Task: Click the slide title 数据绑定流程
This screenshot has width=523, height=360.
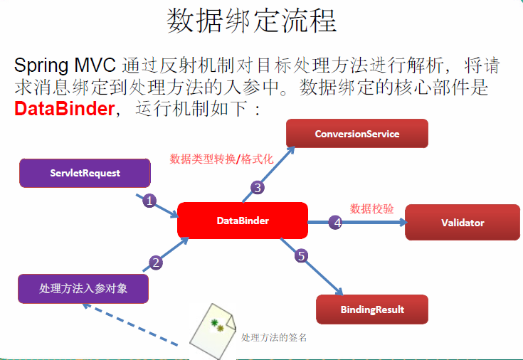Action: (251, 21)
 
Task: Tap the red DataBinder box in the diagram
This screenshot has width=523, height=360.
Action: (243, 221)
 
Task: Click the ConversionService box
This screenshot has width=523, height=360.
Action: (356, 134)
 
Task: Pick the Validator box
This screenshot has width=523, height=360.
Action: (462, 223)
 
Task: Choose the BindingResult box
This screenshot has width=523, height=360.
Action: (371, 309)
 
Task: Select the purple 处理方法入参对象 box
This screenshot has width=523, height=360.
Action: (83, 288)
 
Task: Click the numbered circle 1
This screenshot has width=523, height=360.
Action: (149, 201)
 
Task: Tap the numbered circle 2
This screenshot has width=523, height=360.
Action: (156, 262)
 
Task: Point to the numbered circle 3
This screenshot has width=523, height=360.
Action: (258, 188)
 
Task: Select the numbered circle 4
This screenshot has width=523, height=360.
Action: (337, 223)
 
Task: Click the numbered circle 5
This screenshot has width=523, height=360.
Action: (302, 256)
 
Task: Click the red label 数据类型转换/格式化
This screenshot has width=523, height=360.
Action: (221, 159)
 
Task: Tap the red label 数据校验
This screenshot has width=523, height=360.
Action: (367, 208)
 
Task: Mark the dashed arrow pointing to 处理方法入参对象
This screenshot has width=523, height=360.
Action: (128, 325)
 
